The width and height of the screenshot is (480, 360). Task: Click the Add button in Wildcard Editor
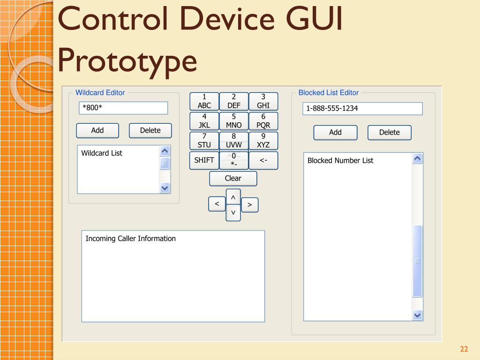(97, 130)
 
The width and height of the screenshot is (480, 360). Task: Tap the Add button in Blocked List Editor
(335, 133)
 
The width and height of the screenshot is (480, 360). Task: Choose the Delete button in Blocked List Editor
(389, 133)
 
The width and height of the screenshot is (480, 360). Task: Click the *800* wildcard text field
(123, 108)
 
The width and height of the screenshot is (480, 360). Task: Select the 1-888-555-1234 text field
(362, 109)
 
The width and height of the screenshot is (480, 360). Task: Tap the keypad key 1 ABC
(204, 101)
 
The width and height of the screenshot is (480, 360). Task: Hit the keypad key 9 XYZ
(263, 141)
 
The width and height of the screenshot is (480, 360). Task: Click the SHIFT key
(204, 160)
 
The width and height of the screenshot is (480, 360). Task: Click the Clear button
(233, 179)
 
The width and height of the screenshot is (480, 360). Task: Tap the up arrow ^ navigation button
(233, 197)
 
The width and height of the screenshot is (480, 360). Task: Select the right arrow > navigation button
(250, 205)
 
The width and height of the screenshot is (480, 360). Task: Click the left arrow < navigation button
(217, 204)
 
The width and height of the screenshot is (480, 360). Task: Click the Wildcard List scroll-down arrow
(165, 187)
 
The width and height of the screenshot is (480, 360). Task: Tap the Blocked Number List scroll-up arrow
(417, 158)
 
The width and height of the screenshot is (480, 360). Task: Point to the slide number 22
(464, 349)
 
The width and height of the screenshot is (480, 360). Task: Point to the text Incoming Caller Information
(130, 239)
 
